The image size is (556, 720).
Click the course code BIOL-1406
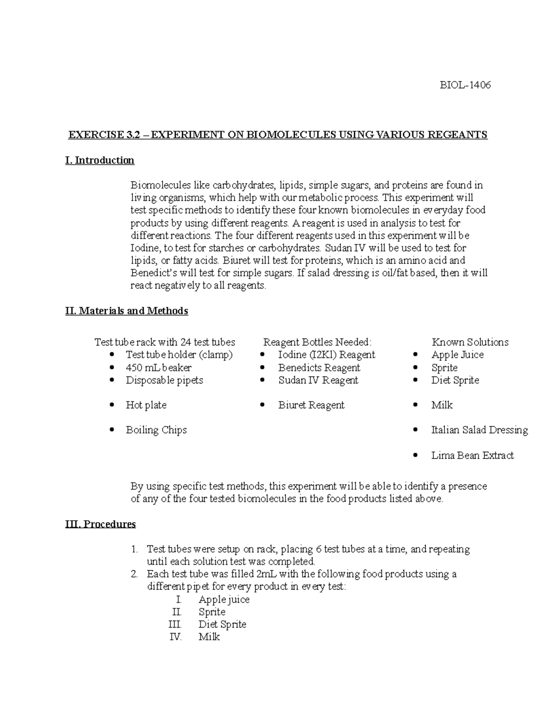tap(465, 85)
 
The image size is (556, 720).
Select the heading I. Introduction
tap(100, 160)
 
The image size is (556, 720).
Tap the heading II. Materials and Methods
tap(126, 311)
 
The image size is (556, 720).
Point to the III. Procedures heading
tap(101, 524)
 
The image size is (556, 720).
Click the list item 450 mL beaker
tap(158, 368)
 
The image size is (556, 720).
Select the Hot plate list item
tap(146, 405)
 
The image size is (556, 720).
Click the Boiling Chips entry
tap(156, 430)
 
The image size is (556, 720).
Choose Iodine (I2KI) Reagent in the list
tap(327, 355)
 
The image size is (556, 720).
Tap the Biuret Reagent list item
tap(311, 405)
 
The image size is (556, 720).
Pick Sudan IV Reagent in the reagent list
tap(318, 380)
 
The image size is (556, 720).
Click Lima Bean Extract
tap(472, 455)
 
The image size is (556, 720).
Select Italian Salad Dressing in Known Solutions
tap(480, 430)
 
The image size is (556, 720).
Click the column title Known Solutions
tap(470, 342)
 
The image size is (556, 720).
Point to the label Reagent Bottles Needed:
tap(317, 342)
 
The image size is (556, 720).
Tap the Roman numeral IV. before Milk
tap(176, 637)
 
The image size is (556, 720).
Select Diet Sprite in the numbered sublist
tap(222, 624)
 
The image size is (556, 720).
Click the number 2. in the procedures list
tap(134, 574)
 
